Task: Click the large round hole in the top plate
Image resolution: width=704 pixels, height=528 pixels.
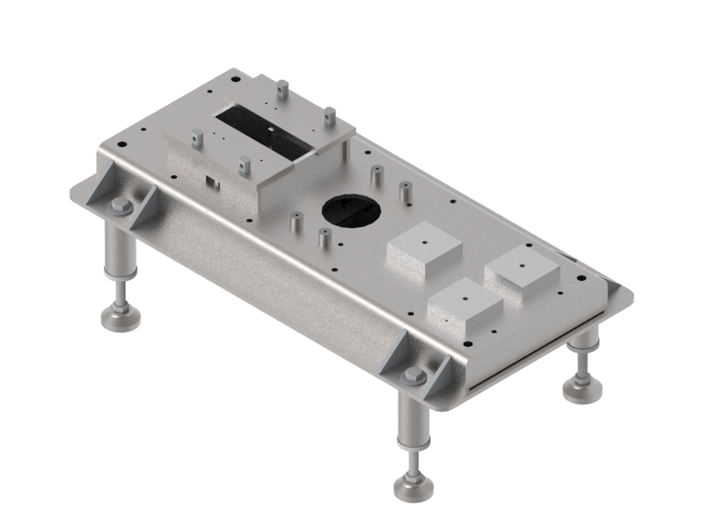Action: [x=354, y=209]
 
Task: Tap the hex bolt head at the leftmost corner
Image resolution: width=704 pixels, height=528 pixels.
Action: [x=121, y=207]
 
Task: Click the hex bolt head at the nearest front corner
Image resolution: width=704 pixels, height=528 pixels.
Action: [x=414, y=377]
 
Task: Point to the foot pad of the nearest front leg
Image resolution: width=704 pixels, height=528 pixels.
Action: [x=413, y=487]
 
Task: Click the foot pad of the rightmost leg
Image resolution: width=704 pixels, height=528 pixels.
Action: [x=582, y=388]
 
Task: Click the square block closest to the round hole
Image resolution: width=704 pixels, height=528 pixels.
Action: [x=423, y=249]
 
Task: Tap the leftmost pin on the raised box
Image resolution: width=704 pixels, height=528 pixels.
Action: [x=197, y=137]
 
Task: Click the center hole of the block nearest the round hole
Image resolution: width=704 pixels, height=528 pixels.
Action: [x=424, y=238]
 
